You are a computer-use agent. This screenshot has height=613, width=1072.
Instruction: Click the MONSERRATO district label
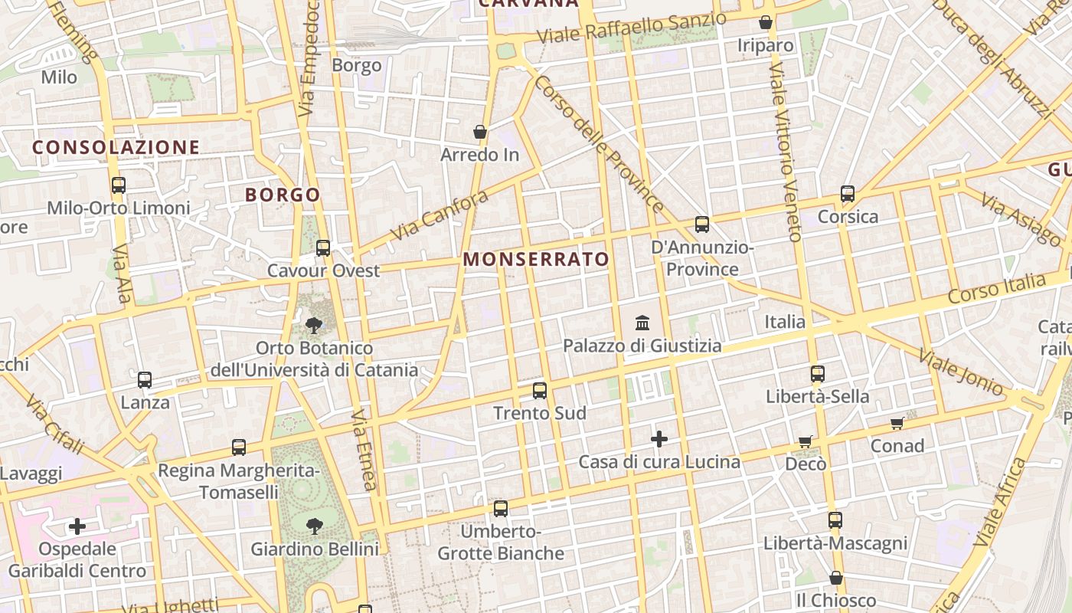pos(536,260)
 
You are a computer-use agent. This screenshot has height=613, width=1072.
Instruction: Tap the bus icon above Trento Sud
pos(540,391)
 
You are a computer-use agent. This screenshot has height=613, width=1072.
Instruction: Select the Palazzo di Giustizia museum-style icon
pos(642,323)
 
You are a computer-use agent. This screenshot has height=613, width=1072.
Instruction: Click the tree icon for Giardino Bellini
pos(314,526)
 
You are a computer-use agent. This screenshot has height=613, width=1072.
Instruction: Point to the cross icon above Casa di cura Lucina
pos(659,439)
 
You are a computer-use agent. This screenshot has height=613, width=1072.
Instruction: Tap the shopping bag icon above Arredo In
pos(480,132)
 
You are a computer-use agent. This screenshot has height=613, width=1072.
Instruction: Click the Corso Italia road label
pos(996,289)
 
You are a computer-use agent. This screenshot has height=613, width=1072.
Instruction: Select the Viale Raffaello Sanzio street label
pos(631,28)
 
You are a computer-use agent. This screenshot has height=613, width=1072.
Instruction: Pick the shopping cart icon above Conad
pos(897,424)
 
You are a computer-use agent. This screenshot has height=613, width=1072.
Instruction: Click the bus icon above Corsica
pos(848,194)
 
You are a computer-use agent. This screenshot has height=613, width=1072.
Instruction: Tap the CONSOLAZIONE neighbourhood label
pos(116,147)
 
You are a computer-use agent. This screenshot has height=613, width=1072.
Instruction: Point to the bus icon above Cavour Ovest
pos(323,248)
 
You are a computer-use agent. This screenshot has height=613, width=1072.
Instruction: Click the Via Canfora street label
pos(439,215)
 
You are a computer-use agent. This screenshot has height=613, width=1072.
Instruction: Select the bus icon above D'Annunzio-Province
pos(702,225)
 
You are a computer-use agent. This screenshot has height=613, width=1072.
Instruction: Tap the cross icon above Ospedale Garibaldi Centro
pos(77,526)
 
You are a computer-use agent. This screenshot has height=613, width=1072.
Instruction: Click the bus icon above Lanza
pos(145,379)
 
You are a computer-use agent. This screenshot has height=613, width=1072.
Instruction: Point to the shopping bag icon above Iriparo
pos(765,23)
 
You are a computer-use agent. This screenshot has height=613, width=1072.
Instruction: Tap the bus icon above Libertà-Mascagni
pos(835,520)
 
